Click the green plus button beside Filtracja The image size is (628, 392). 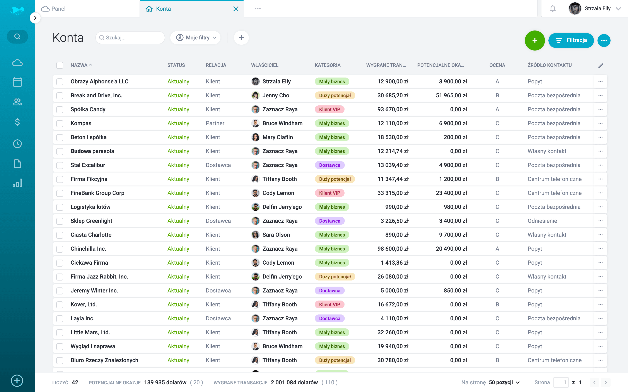[535, 41]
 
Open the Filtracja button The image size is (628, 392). [571, 41]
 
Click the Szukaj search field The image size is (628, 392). [130, 38]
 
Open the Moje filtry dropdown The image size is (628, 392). [196, 38]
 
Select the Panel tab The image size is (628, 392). [54, 9]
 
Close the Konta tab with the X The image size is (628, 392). [236, 9]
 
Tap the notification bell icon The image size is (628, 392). [553, 9]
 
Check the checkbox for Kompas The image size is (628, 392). [60, 123]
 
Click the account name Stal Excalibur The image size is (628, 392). [88, 165]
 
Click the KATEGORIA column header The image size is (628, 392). [328, 65]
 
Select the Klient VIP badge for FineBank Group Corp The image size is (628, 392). [329, 193]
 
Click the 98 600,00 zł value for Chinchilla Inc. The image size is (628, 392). [393, 249]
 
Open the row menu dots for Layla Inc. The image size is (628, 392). [600, 318]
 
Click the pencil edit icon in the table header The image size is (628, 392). [600, 66]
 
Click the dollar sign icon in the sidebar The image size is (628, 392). [17, 122]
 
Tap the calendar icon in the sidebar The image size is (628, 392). [17, 82]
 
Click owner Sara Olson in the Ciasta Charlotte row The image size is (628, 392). [276, 235]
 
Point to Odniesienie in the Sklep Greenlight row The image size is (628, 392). [542, 221]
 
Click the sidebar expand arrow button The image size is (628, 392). [35, 18]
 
